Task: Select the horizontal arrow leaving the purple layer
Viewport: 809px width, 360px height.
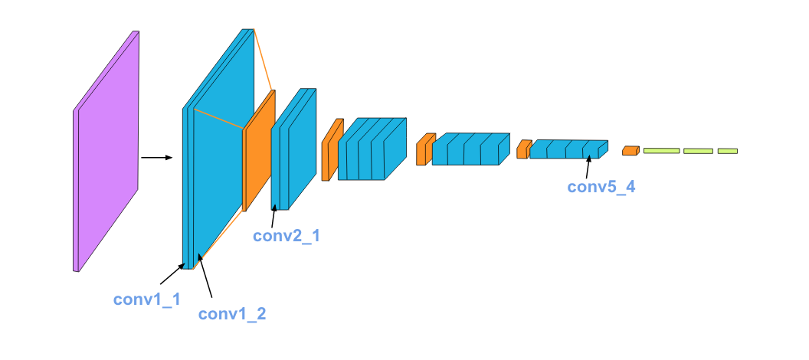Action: [x=157, y=159]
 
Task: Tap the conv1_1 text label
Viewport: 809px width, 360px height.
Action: [x=147, y=299]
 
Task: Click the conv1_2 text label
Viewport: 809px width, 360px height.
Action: [x=232, y=313]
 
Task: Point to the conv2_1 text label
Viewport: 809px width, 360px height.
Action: [x=287, y=236]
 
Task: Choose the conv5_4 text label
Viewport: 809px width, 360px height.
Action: [x=601, y=186]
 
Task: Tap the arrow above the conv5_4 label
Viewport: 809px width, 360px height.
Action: [x=588, y=166]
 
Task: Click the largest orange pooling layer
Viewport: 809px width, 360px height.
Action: [x=258, y=151]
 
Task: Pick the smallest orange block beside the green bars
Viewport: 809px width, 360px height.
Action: [x=630, y=151]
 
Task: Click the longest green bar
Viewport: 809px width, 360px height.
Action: [x=661, y=151]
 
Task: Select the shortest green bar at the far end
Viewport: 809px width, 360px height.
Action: [x=727, y=151]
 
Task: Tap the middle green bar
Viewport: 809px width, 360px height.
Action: [x=698, y=151]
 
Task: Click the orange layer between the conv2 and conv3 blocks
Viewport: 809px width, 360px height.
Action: [x=331, y=150]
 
